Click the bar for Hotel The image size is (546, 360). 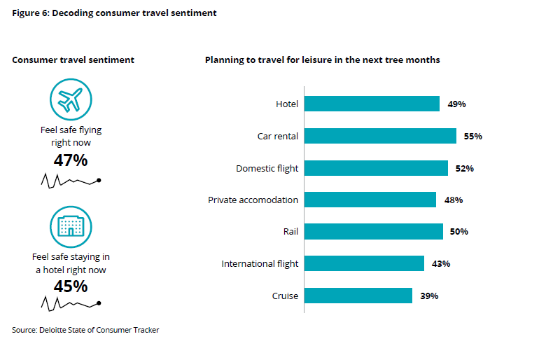point(372,104)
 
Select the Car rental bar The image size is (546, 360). point(380,136)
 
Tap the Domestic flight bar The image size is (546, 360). point(376,168)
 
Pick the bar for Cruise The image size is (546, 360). point(358,296)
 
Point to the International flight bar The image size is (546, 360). point(364,263)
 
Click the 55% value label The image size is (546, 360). point(472,137)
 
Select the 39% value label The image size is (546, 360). point(429,296)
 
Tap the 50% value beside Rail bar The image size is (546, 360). point(459,232)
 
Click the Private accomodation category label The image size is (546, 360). point(253,200)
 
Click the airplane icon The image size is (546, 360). point(71,99)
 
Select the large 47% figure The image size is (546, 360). point(71,160)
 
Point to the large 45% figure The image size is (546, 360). point(71,286)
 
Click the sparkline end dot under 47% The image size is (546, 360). point(99,181)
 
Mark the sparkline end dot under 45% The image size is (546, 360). point(99,303)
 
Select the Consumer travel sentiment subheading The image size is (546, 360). point(73,60)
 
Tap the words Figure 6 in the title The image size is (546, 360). point(31,13)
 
